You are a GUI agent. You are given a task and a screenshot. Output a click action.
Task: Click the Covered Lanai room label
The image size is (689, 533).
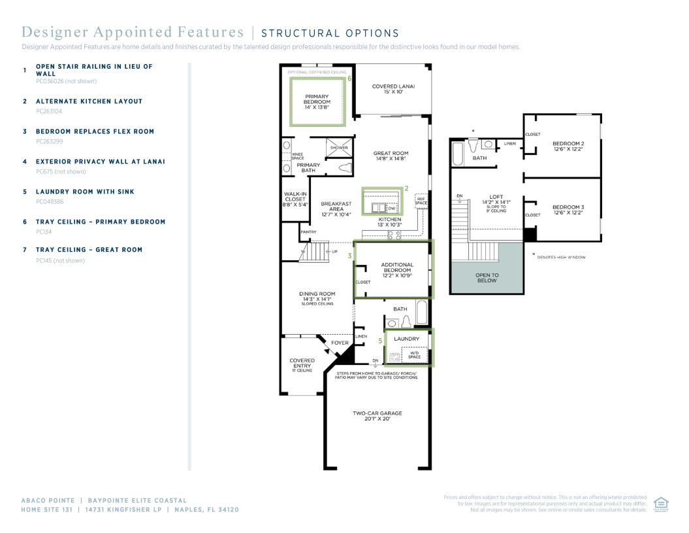(x=393, y=89)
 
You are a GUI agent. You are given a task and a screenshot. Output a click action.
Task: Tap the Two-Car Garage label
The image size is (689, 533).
(x=377, y=416)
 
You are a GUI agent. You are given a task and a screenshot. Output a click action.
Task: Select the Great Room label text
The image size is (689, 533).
(x=391, y=156)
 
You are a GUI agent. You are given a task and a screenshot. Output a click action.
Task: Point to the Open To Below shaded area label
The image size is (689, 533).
(x=487, y=278)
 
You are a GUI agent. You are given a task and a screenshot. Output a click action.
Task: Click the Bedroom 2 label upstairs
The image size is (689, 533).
(x=568, y=146)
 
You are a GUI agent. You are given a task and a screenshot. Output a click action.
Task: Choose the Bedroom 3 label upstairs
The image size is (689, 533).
(x=568, y=210)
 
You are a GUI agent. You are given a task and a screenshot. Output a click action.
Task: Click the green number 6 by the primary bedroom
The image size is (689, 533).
(x=349, y=78)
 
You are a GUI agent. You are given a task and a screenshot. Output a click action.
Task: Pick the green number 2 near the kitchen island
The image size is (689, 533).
(x=406, y=188)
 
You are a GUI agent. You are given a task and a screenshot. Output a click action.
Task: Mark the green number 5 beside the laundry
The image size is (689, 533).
(x=380, y=341)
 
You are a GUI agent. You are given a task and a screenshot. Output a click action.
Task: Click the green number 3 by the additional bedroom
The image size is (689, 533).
(x=350, y=256)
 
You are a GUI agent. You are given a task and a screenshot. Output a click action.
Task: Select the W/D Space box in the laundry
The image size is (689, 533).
(x=415, y=355)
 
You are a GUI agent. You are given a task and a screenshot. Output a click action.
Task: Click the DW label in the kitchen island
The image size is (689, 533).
(x=391, y=208)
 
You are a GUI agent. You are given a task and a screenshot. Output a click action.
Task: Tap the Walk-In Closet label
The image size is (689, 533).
(x=295, y=199)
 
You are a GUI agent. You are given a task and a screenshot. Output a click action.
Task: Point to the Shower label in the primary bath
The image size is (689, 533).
(x=339, y=148)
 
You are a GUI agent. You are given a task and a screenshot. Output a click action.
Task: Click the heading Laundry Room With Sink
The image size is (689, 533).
(x=85, y=192)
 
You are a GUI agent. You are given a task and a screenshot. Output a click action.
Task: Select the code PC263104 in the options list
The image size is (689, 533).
(x=49, y=111)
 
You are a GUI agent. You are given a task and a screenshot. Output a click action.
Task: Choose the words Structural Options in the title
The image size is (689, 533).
(x=330, y=33)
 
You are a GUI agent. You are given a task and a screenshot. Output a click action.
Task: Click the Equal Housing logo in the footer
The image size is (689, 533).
(x=661, y=504)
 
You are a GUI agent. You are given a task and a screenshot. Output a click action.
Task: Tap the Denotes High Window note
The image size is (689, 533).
(x=561, y=257)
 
